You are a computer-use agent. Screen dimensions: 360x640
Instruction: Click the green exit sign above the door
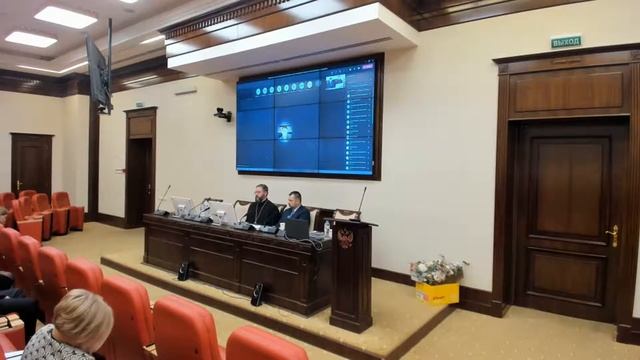pos(565,42)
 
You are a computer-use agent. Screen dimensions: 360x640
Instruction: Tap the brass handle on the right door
pos(612,236)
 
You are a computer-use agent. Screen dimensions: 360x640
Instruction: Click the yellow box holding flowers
pos(437,292)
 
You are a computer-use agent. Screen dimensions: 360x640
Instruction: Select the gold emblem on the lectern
pos(346,239)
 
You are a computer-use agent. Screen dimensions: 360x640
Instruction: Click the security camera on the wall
pos(222,114)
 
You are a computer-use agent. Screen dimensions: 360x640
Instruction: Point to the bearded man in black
pos(263,207)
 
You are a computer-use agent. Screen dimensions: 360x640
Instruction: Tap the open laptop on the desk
pos(297,230)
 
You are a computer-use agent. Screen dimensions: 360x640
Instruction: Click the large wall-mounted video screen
pos(309,118)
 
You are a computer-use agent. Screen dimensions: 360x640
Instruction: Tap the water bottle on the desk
pos(327,230)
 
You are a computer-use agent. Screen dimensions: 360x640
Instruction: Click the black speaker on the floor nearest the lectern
pos(257,294)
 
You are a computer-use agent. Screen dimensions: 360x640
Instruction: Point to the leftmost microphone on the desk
pos(163,198)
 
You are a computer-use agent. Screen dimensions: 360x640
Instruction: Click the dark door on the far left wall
pos(31,166)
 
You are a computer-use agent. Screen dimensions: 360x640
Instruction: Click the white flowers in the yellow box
pos(437,269)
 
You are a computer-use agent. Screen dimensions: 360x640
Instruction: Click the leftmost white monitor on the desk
pos(182,206)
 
